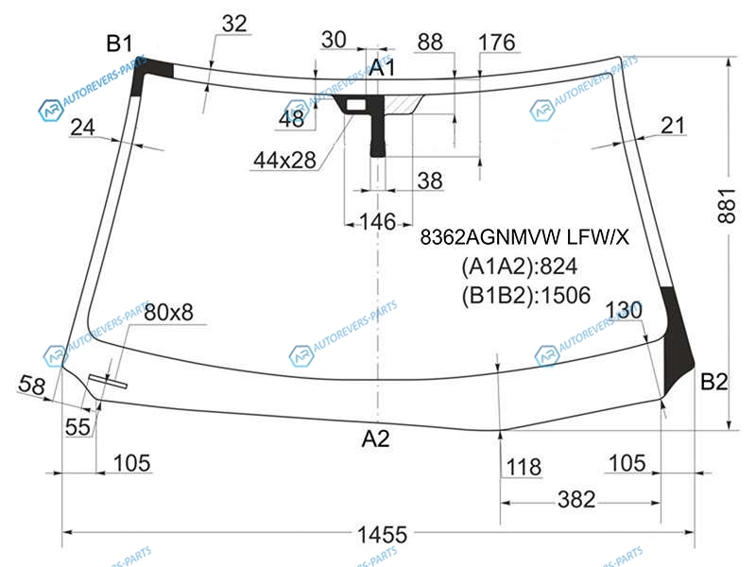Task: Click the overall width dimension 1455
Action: coord(382,534)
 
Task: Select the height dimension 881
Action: coord(727,206)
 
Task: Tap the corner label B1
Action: coord(119,43)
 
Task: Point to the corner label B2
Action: coord(713,382)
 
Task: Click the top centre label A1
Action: coord(382,68)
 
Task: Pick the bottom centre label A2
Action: coord(375,438)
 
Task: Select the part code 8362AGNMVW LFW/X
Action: coord(524,237)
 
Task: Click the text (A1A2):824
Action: coord(519,266)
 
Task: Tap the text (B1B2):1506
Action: coord(526,295)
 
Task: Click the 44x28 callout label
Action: coord(285,160)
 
